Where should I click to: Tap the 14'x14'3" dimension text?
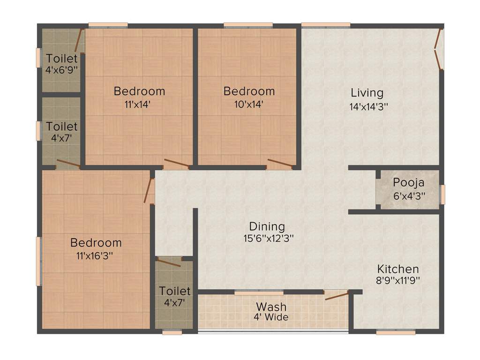[x=368, y=106]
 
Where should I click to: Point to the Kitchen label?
[x=398, y=269]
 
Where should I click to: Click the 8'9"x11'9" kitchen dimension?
[x=398, y=281]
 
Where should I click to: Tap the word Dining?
[x=267, y=226]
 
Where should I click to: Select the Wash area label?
[x=271, y=307]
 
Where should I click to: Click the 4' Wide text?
[x=271, y=317]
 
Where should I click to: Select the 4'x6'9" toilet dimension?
[x=62, y=69]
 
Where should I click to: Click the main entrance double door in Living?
[x=438, y=50]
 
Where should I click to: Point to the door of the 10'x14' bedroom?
[x=279, y=164]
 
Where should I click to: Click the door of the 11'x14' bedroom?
[x=176, y=164]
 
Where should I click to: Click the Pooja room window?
[x=442, y=195]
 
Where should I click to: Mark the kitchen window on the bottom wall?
[x=396, y=332]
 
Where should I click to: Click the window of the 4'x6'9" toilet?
[x=39, y=57]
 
